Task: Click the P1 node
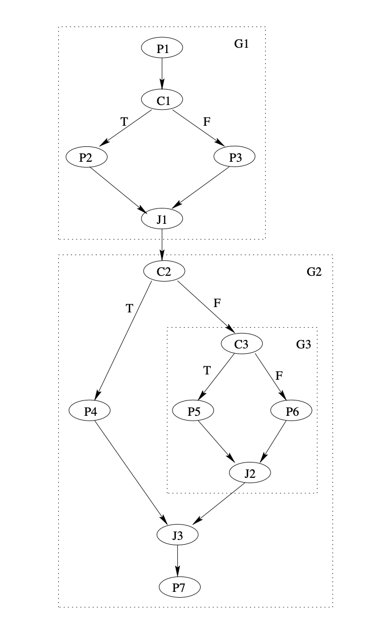162,49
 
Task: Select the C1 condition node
162,100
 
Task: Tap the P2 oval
87,157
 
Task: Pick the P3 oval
235,157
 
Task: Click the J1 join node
162,219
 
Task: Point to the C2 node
164,271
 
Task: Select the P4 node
90,410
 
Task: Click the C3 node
241,344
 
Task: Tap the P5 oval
193,410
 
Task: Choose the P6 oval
292,410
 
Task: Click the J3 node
178,535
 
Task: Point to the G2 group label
314,272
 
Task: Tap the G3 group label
303,344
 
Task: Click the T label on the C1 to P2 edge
124,121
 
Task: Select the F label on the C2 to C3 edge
217,303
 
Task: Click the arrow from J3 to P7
178,560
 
